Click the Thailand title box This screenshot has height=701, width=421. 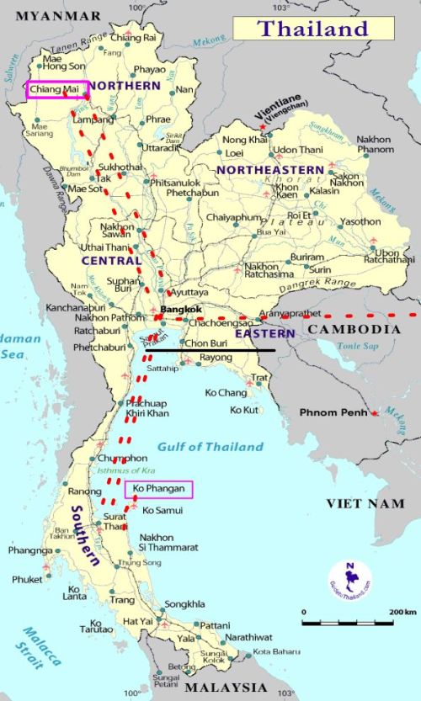(312, 28)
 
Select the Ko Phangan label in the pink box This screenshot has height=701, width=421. (158, 489)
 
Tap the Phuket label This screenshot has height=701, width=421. (27, 579)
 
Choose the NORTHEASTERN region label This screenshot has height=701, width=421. (269, 170)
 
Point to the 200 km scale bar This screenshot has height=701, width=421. (347, 623)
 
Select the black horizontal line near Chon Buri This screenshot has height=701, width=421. (210, 349)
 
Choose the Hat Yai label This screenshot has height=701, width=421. (139, 620)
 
